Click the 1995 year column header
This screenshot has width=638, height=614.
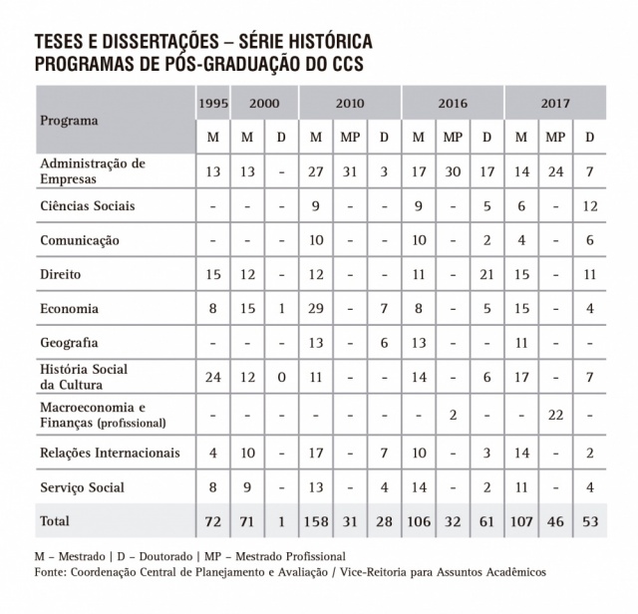[x=212, y=103]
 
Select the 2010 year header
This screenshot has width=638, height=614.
[x=349, y=103]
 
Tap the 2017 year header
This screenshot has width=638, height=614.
[x=555, y=103]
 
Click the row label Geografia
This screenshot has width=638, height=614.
[x=69, y=343]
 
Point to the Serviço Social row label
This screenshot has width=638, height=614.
[x=81, y=488]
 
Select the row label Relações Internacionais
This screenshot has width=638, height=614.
[x=110, y=453]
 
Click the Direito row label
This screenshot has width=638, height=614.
[x=61, y=273]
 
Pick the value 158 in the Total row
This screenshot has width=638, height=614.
[x=317, y=521]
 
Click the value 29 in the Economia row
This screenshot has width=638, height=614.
[x=316, y=309]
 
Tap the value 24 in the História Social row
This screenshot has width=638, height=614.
[x=212, y=378]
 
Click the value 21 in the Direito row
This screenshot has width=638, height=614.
[x=486, y=273]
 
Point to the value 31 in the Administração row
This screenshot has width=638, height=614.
[x=350, y=170]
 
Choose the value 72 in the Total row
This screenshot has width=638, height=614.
[x=212, y=521]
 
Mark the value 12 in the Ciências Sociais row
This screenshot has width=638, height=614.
[x=589, y=206]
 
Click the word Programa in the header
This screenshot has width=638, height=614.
[x=69, y=121]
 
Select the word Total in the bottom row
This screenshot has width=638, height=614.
[x=56, y=521]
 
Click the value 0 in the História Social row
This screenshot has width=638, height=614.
[x=282, y=378]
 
